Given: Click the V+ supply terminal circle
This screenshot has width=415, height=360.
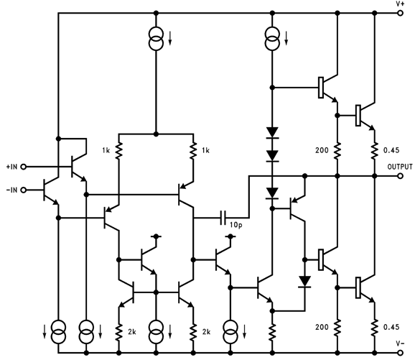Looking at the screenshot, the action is [401, 13].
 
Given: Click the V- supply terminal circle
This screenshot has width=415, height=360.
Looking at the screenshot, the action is [401, 353].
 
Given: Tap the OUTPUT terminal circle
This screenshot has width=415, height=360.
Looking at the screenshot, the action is [401, 175].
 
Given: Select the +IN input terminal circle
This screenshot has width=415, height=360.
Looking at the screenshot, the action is [23, 167].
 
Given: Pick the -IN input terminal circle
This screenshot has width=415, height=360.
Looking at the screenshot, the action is [23, 190].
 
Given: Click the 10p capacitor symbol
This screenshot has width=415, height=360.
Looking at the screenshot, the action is [223, 218].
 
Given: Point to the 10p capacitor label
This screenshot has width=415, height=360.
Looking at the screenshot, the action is [236, 225].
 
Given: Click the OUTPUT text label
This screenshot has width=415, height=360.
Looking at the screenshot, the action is [400, 167].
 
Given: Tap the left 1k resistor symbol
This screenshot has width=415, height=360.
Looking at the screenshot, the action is [119, 150].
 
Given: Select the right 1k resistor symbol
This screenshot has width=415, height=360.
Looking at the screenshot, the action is [193, 150].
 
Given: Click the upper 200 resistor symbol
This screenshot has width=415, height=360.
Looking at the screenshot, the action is [337, 150].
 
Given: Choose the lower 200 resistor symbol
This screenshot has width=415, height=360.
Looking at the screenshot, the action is [337, 328].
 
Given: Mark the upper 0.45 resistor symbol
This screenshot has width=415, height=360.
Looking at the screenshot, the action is [375, 150].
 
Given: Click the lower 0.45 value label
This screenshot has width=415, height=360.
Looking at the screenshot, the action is [391, 327].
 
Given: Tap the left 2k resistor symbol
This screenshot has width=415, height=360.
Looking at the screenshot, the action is [119, 332].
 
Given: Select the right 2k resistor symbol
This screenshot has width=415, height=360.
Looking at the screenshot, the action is [193, 332].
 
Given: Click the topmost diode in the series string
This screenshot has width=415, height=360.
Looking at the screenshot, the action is [272, 133].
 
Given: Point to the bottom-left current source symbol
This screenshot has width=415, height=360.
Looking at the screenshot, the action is [58, 332].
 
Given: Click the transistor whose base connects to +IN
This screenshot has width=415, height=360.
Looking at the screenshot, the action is [78, 167].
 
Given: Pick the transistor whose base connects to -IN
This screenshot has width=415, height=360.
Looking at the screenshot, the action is [50, 190].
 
